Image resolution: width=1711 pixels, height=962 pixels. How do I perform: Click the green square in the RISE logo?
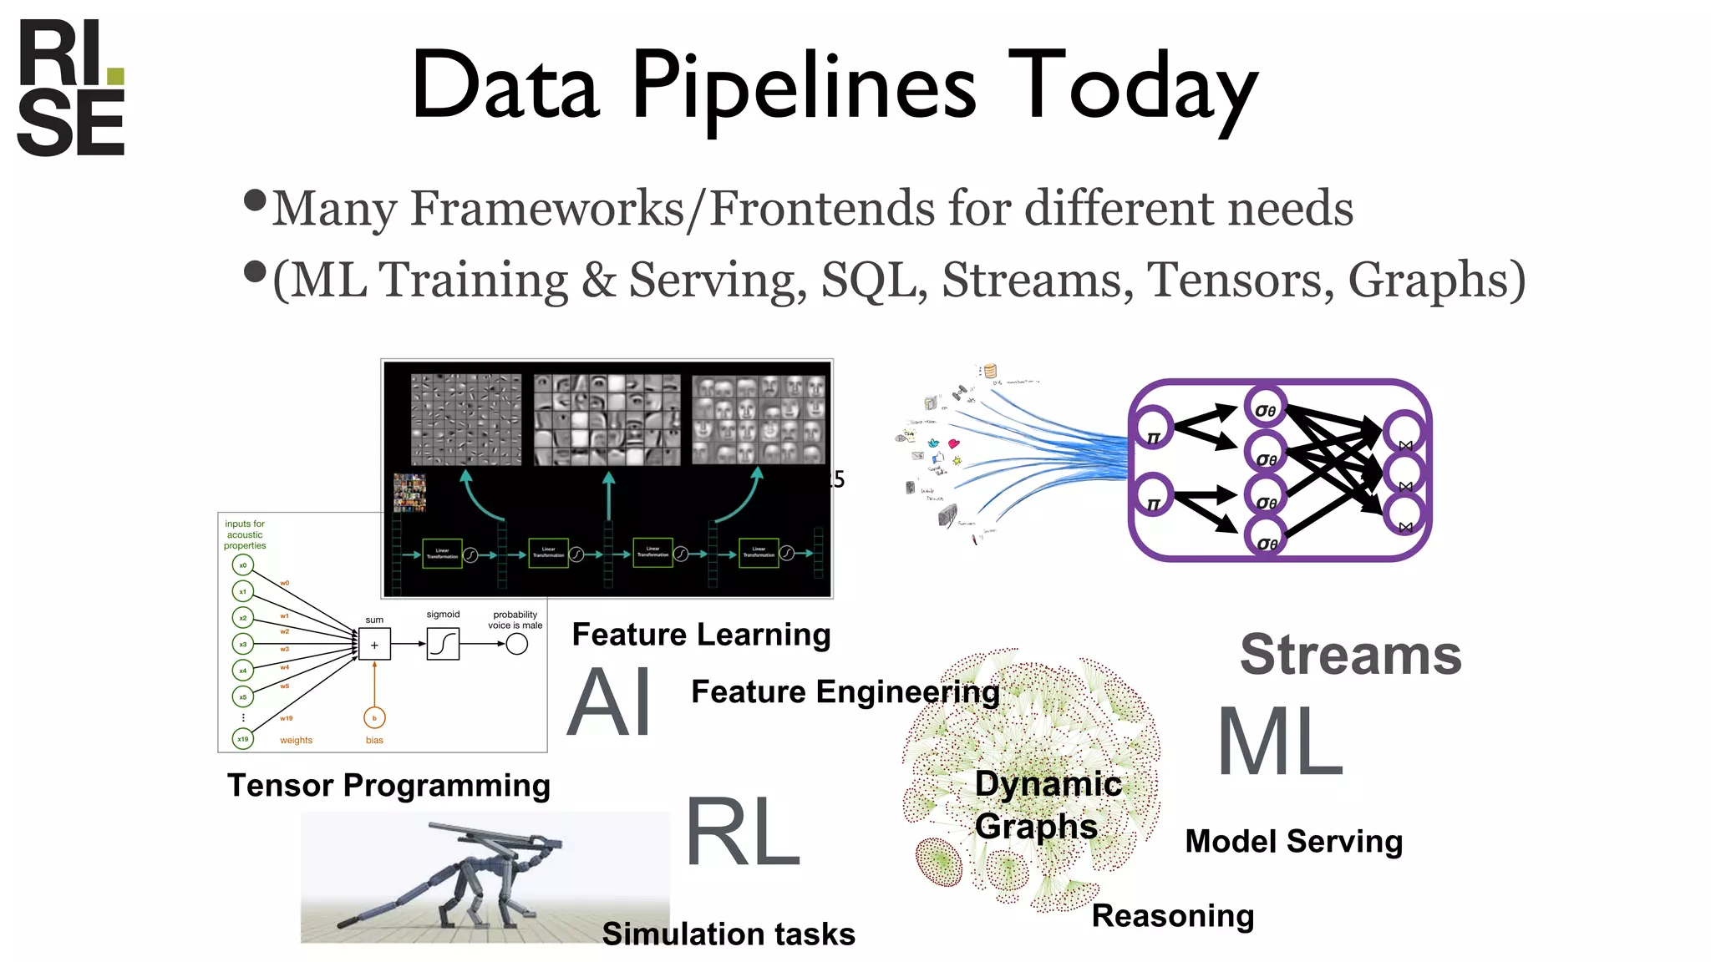115,77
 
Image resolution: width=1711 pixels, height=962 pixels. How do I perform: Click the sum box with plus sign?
374,645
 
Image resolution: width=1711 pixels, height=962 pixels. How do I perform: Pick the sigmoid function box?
443,644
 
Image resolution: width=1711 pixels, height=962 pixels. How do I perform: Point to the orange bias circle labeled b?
374,718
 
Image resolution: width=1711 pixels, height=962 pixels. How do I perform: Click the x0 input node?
243,565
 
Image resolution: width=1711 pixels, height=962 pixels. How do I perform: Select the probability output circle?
517,644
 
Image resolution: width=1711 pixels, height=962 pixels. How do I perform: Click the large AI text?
610,703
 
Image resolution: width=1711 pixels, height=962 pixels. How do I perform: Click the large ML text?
1279,742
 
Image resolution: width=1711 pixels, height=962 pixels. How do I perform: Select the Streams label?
1350,656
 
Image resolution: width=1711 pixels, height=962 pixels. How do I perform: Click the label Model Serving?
1293,842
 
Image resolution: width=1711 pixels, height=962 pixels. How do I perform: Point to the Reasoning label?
1173,916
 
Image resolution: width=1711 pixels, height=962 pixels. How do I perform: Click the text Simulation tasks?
729,934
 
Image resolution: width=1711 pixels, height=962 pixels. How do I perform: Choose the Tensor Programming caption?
388,786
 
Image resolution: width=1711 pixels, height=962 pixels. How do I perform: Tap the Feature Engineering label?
845,692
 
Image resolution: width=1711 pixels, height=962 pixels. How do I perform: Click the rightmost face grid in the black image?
759,419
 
